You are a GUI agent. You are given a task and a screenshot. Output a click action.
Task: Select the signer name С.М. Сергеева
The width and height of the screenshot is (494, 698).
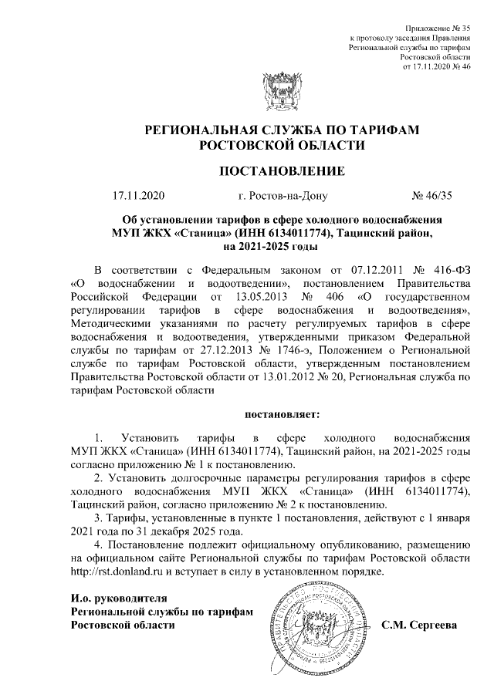pos(421,625)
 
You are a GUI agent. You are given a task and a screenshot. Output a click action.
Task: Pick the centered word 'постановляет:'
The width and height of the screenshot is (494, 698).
pos(276,416)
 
